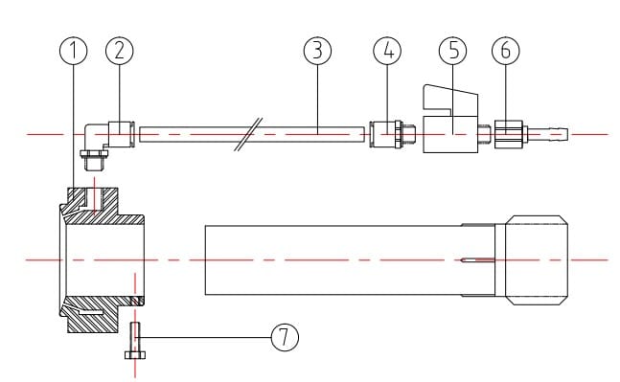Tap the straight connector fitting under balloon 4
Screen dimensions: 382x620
(x=387, y=135)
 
